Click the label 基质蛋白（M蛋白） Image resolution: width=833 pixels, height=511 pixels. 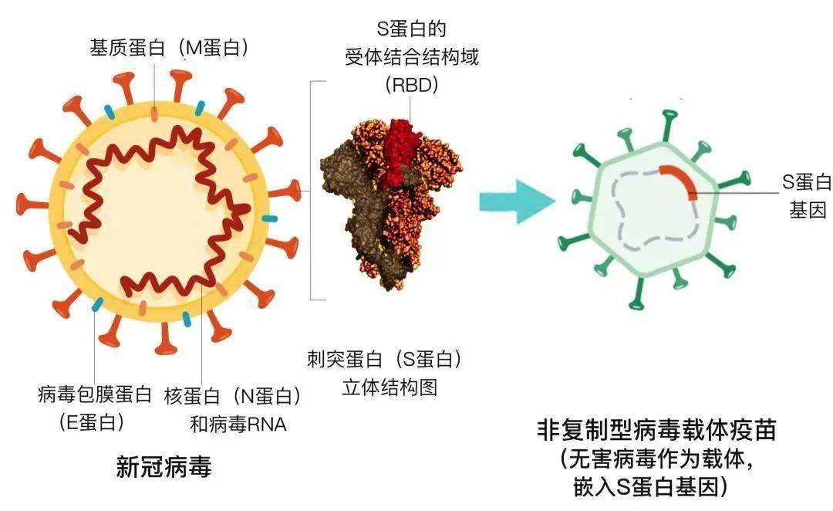coord(170,48)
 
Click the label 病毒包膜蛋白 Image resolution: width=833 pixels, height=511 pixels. coord(95,396)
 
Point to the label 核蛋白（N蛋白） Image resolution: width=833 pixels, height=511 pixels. coord(232,396)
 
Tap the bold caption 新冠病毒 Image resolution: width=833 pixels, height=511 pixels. coord(164,467)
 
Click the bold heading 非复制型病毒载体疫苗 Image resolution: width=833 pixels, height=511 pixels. coord(656,430)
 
